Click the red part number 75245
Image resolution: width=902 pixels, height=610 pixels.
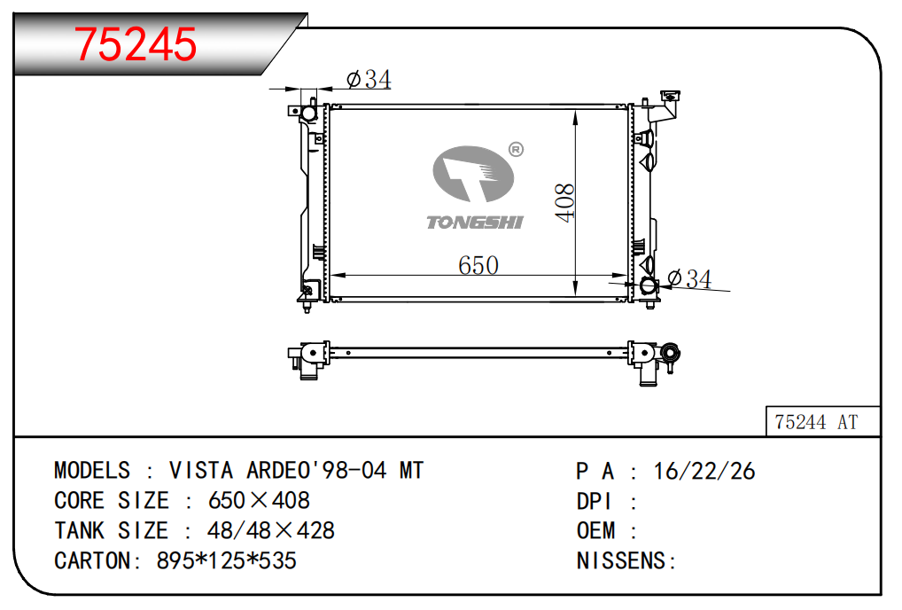tap(136, 44)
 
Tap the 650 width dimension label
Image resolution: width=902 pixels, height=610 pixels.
tap(478, 265)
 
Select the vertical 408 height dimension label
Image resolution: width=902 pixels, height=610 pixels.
tap(564, 202)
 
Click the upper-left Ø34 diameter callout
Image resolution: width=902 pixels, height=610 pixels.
tap(369, 80)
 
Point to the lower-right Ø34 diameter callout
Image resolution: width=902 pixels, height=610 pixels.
tap(689, 278)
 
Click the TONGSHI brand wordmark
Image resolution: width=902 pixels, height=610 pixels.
tap(475, 223)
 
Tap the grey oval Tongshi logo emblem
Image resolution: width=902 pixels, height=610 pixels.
tap(473, 174)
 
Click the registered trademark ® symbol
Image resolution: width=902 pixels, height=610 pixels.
tap(516, 150)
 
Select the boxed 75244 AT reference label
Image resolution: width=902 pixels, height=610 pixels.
tap(816, 422)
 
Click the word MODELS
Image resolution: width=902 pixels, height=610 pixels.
tap(92, 471)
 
